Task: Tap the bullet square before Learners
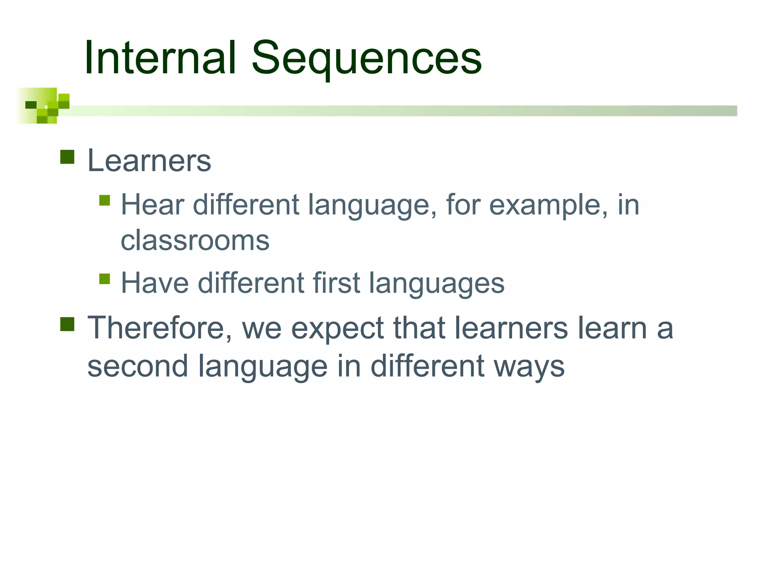67,157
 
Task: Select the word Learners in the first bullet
149,161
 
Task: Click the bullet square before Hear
105,200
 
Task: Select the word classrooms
195,241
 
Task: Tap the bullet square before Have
105,279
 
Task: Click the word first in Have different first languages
336,283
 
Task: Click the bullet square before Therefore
67,324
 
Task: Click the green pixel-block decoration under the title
43,106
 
